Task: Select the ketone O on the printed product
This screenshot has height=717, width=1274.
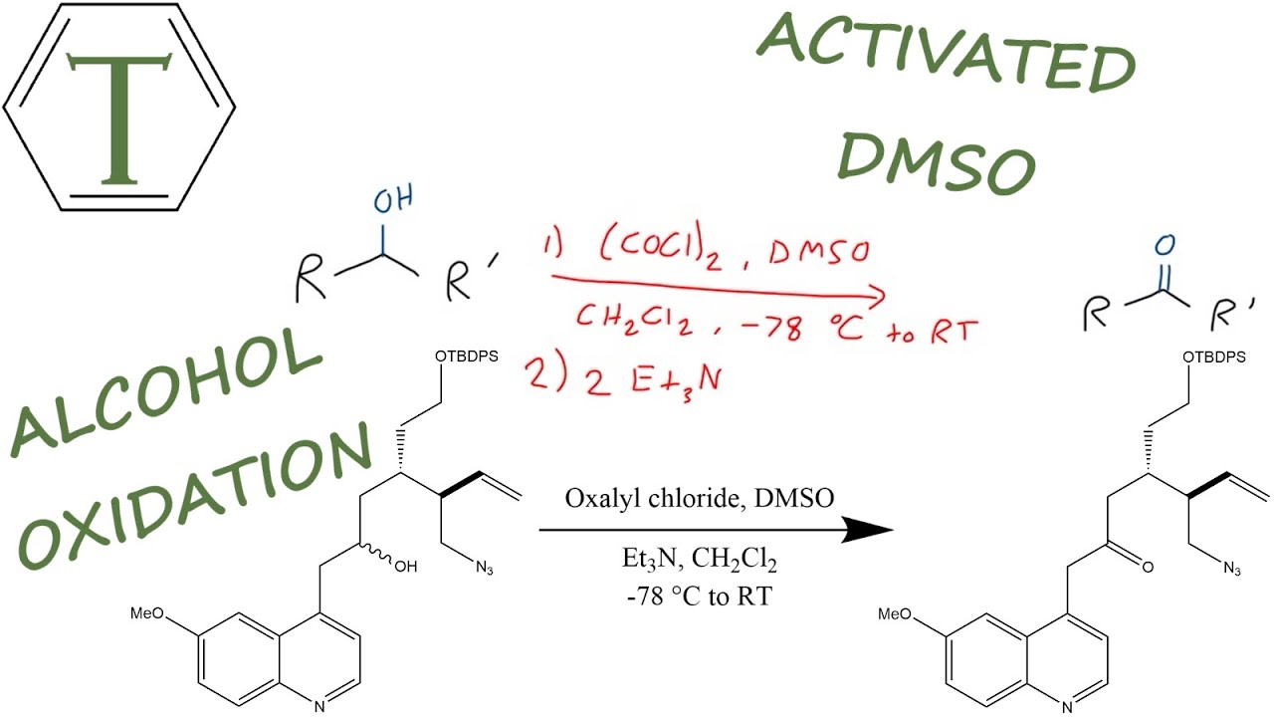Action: pyautogui.click(x=1148, y=569)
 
